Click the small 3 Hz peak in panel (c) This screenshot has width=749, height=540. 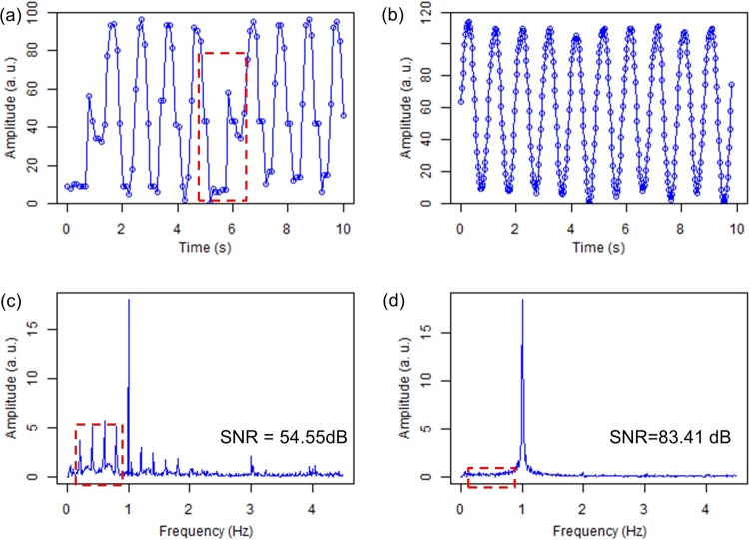[251, 460]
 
